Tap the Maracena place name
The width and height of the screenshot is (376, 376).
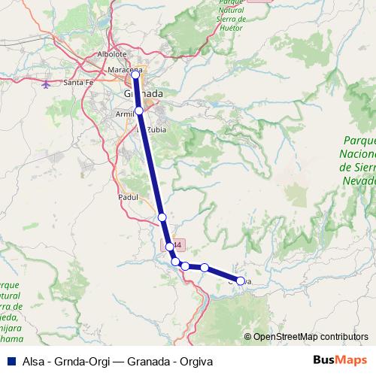point(126,70)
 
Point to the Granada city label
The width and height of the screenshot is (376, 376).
point(142,93)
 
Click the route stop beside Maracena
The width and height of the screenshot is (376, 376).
point(136,74)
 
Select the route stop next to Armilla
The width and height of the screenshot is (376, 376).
point(139,111)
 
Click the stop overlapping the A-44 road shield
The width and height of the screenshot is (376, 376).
point(170,246)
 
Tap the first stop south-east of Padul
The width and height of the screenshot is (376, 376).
point(162,217)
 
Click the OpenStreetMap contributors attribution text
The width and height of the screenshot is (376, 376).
point(311,337)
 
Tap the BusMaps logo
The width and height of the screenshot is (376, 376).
point(339,360)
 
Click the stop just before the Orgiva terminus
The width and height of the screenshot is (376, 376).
point(204,267)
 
